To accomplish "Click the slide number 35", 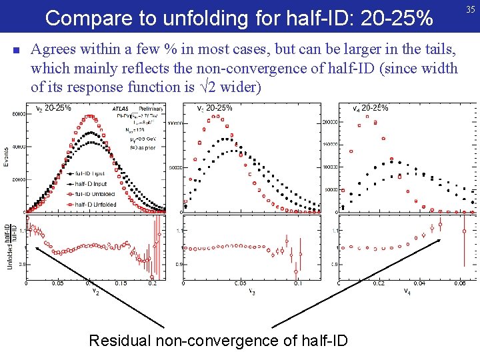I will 471,9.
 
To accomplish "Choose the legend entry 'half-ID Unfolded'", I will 95,204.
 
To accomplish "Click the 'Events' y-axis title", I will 6,157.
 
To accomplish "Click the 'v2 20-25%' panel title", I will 53,108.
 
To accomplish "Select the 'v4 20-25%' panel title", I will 371,108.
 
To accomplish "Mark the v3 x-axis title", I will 252,291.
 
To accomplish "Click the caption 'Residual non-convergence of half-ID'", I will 218,341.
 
